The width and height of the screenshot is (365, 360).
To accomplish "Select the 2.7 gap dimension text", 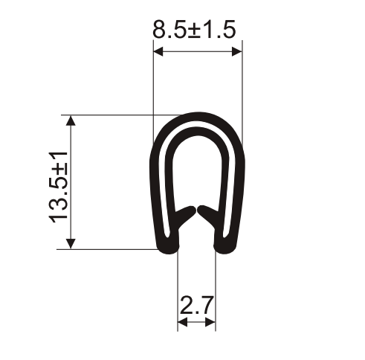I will pos(197,305).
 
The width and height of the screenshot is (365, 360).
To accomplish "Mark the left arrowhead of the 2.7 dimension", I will pos(181,323).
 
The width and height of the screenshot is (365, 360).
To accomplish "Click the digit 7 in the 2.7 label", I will pos(207,305).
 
